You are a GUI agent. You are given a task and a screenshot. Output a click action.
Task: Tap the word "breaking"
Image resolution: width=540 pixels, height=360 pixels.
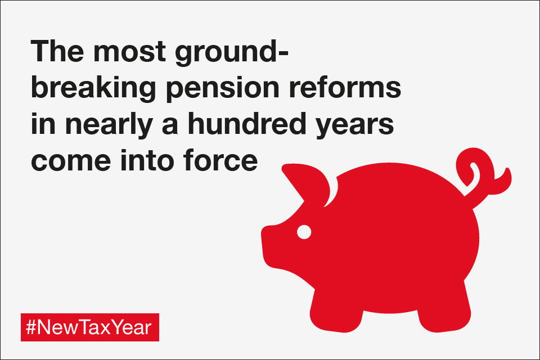tap(93, 89)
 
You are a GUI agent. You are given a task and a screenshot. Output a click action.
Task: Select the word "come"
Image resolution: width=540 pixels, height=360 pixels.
tap(71, 162)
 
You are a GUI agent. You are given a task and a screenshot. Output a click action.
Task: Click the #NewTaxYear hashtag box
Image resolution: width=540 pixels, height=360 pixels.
tap(90, 327)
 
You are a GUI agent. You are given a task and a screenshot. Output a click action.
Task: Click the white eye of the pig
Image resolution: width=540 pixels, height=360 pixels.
tap(304, 232)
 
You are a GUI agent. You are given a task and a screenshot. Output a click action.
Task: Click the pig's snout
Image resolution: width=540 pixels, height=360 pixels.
tap(272, 245)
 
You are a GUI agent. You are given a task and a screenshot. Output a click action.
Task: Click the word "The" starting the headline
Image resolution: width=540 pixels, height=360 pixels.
tap(57, 51)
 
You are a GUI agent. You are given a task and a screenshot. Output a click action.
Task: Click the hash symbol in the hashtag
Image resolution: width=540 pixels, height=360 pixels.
tap(31, 327)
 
